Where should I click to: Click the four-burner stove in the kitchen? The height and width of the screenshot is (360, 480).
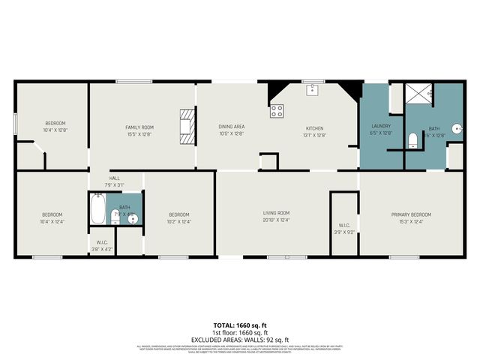(277, 111)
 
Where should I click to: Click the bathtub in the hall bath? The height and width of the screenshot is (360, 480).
(97, 209)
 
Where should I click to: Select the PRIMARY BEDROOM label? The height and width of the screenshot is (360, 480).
(411, 214)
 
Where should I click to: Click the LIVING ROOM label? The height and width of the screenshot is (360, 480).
(276, 213)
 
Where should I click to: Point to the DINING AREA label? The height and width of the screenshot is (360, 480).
(231, 127)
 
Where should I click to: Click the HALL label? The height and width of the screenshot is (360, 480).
(115, 178)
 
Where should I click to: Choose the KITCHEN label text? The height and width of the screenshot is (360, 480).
(313, 127)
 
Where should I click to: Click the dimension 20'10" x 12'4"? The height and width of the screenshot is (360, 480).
(276, 220)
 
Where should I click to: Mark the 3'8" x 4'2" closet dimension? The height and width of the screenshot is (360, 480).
(100, 248)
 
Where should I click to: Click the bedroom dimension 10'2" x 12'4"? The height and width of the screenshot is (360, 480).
(178, 221)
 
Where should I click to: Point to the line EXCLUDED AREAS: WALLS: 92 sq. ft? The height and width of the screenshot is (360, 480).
(239, 340)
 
